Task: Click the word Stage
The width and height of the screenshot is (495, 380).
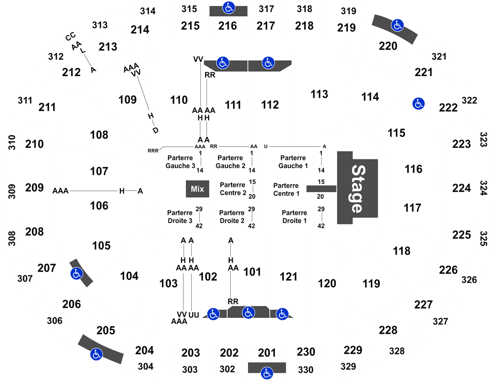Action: click(x=357, y=188)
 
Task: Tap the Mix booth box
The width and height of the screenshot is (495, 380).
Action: click(x=197, y=189)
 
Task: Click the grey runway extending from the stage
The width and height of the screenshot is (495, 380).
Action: click(x=320, y=188)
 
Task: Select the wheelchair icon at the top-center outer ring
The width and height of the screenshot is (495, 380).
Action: click(x=229, y=8)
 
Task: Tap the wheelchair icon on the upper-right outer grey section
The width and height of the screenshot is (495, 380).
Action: click(x=397, y=25)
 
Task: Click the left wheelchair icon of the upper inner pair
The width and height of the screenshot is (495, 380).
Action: click(x=222, y=62)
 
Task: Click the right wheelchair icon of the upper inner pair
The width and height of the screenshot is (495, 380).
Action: click(x=268, y=62)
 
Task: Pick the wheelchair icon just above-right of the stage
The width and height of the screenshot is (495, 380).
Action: click(x=418, y=103)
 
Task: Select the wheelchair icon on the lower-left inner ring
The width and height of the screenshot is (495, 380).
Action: click(x=76, y=274)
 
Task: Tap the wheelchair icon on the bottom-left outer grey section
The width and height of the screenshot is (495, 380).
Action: click(x=96, y=354)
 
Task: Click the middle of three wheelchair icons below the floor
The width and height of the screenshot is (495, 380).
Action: click(x=248, y=312)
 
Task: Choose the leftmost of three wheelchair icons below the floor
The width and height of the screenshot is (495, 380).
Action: click(x=213, y=314)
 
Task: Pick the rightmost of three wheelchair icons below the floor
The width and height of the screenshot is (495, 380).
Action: click(x=282, y=314)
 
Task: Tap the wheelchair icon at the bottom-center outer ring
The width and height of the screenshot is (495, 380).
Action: click(x=267, y=373)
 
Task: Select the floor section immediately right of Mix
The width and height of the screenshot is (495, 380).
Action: click(x=234, y=189)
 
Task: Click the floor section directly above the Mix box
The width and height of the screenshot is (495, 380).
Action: click(x=180, y=161)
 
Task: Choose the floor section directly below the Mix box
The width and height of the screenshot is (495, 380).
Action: click(x=180, y=217)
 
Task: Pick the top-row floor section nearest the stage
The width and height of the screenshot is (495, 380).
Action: click(x=295, y=161)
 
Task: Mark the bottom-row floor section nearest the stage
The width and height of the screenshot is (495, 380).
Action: click(x=295, y=217)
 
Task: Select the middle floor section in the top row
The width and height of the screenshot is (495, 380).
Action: click(x=234, y=161)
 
